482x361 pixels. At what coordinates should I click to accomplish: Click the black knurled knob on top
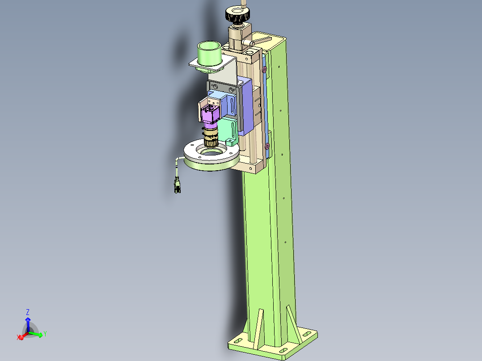(x=237, y=15)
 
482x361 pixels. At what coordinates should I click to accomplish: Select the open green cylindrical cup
(x=209, y=54)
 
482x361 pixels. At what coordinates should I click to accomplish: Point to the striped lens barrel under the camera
(x=211, y=135)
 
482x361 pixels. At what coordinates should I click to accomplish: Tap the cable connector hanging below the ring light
(x=178, y=186)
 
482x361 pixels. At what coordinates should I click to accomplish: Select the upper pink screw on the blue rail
(x=264, y=70)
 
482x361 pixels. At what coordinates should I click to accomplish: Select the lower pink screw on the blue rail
(x=267, y=146)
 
